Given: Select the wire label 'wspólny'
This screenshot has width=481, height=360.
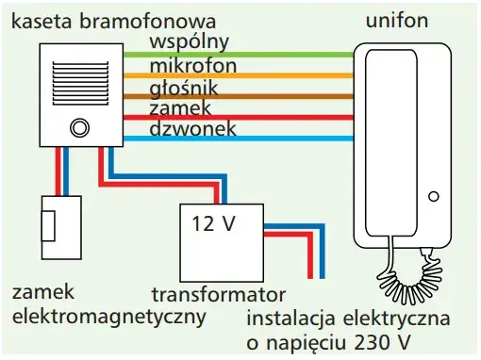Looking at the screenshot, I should [188, 43].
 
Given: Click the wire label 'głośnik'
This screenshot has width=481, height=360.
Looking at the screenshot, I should [185, 89].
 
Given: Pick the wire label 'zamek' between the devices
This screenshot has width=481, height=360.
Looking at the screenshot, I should [180, 109].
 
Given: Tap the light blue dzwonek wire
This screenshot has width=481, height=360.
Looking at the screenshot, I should [283, 139].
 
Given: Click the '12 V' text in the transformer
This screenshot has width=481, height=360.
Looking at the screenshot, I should [211, 224].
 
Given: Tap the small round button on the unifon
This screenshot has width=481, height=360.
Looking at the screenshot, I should [433, 196].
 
